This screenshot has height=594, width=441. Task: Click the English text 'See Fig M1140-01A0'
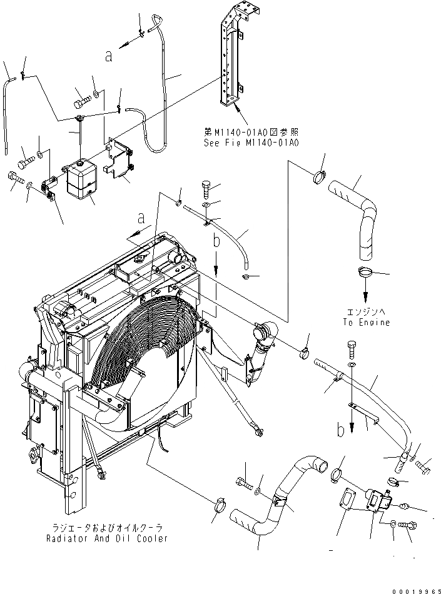click(251, 143)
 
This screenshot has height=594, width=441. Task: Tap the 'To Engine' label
click(366, 322)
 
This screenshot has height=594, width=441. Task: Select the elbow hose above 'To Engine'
click(355, 219)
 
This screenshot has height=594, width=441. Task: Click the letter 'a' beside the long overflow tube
click(109, 56)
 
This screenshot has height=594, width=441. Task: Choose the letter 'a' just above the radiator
click(142, 218)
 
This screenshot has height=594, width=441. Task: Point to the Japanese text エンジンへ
click(366, 312)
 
